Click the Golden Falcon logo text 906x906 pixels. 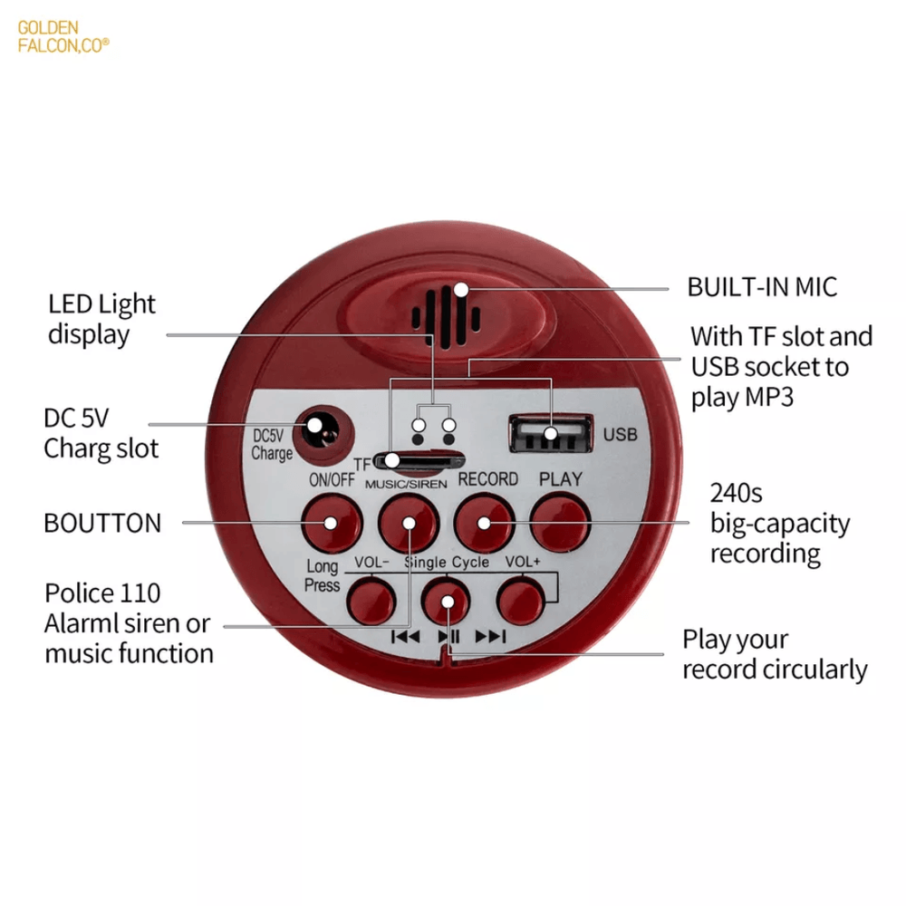pyautogui.click(x=63, y=36)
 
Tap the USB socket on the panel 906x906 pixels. pyautogui.click(x=551, y=433)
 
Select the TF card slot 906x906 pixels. pyautogui.click(x=419, y=461)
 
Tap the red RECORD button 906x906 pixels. pyautogui.click(x=484, y=524)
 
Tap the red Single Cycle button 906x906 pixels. pyautogui.click(x=446, y=602)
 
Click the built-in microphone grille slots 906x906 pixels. pyautogui.click(x=446, y=317)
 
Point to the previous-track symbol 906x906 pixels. pyautogui.click(x=406, y=637)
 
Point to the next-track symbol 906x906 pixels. pyautogui.click(x=490, y=637)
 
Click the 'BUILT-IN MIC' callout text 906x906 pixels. pyautogui.click(x=762, y=287)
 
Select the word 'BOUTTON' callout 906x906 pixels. pyautogui.click(x=103, y=523)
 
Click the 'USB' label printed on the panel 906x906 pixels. pyautogui.click(x=620, y=434)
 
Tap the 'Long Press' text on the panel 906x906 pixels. pyautogui.click(x=322, y=575)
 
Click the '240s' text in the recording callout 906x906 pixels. pyautogui.click(x=736, y=493)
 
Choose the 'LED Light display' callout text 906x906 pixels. pyautogui.click(x=101, y=320)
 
